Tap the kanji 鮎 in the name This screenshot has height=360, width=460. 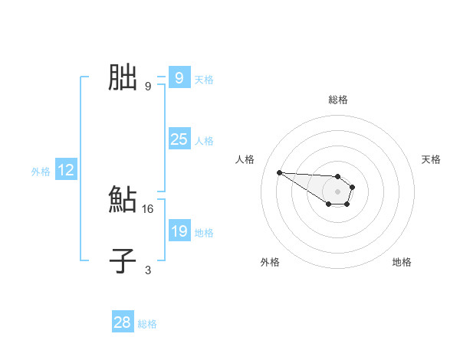123,199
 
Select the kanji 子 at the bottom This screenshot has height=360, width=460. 123,260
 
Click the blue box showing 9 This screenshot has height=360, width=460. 179,78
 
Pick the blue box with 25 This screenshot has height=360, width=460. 179,139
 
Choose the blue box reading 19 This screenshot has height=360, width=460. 179,231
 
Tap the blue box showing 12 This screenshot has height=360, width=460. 66,171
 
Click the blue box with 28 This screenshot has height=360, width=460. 122,322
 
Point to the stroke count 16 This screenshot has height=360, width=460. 148,208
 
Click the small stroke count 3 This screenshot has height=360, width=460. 148,270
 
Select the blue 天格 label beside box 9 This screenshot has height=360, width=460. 204,80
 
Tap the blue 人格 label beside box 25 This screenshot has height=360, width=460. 204,141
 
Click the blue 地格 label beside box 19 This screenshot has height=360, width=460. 204,233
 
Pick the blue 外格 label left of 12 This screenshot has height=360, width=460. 41,172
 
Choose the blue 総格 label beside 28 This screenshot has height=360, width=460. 147,324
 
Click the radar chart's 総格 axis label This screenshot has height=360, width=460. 338,100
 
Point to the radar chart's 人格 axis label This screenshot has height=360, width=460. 245,159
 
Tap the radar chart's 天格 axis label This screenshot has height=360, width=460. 431,159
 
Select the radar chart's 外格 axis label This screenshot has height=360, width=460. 270,262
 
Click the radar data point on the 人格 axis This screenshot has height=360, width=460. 279,172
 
